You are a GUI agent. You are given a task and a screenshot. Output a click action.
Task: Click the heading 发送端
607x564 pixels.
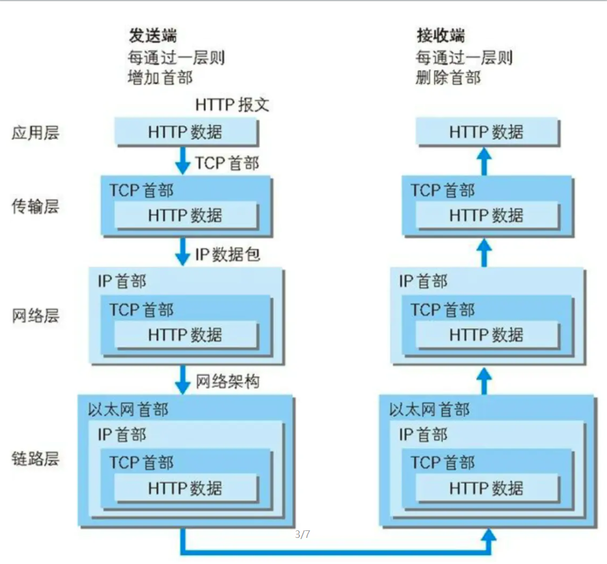pyautogui.click(x=153, y=35)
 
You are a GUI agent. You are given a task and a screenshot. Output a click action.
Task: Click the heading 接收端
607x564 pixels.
pyautogui.click(x=440, y=35)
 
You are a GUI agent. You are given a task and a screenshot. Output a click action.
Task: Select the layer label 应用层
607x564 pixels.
pyautogui.click(x=35, y=133)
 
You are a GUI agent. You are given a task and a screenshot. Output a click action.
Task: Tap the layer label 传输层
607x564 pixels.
pyautogui.click(x=35, y=206)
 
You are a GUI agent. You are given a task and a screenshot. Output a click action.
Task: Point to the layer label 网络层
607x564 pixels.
pyautogui.click(x=35, y=316)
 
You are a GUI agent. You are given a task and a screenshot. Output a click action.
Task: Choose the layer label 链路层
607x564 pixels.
pyautogui.click(x=35, y=459)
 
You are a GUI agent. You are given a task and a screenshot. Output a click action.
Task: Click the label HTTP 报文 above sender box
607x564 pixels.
pyautogui.click(x=232, y=105)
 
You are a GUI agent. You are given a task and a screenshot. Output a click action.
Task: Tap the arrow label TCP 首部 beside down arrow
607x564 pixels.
pyautogui.click(x=226, y=163)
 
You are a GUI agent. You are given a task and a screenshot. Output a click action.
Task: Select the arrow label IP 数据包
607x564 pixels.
pyautogui.click(x=227, y=254)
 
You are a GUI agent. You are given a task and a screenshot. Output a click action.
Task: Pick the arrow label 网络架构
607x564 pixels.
pyautogui.click(x=227, y=382)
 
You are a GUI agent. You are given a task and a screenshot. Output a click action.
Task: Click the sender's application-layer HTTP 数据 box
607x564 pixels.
pyautogui.click(x=186, y=132)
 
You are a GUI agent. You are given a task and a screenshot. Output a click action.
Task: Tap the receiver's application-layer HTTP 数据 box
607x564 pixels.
pyautogui.click(x=486, y=132)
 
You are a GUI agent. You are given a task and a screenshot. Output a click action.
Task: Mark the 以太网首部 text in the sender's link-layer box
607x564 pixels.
pyautogui.click(x=128, y=410)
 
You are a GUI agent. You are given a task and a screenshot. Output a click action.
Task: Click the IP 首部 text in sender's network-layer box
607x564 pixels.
pyautogui.click(x=122, y=282)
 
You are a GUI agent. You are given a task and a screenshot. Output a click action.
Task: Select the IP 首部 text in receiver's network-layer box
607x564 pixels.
pyautogui.click(x=423, y=282)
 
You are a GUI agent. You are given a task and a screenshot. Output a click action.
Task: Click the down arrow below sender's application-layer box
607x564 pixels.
pyautogui.click(x=183, y=161)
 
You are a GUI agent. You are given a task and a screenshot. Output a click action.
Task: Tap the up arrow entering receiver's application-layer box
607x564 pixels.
pyautogui.click(x=485, y=161)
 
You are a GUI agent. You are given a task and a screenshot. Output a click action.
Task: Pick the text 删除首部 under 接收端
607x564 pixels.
pyautogui.click(x=448, y=78)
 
